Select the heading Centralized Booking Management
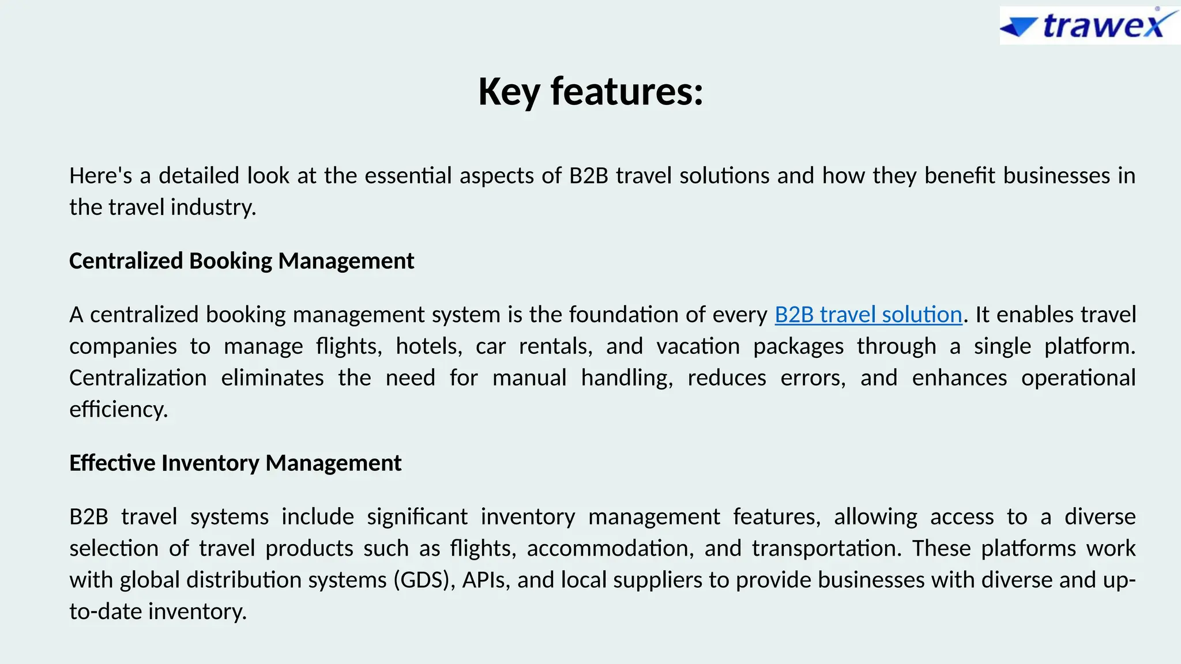coord(242,261)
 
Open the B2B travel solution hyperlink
coord(868,315)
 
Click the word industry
coord(213,207)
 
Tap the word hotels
coord(429,346)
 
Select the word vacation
coord(698,346)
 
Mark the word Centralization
coord(138,378)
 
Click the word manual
coord(529,378)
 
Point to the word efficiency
coord(118,410)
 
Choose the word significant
coord(417,517)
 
